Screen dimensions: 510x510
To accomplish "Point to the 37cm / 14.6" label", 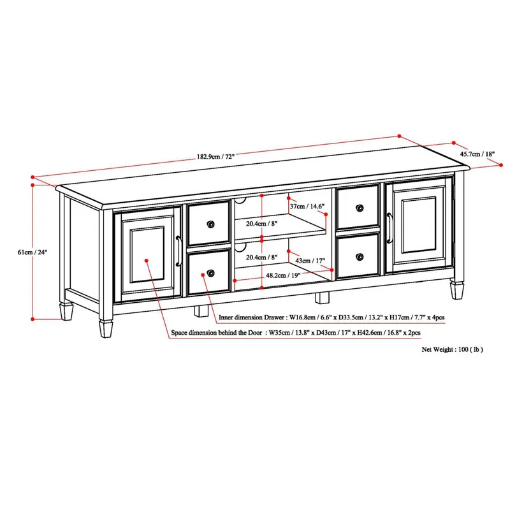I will coord(307,206).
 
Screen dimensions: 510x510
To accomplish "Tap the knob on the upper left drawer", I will coord(210,224).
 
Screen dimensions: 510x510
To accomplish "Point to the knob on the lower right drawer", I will coord(361,256).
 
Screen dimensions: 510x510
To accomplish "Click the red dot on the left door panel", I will coord(147,260).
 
